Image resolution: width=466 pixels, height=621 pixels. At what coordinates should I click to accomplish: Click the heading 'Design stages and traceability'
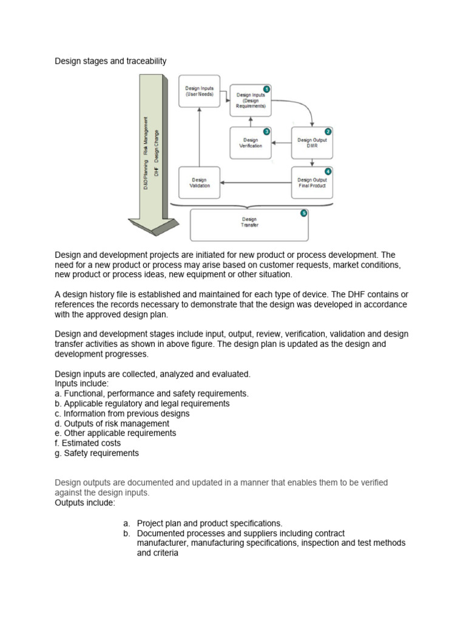110,61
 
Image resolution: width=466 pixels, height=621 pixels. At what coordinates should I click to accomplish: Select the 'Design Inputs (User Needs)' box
200,92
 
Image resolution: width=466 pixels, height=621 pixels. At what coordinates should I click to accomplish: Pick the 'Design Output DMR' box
312,143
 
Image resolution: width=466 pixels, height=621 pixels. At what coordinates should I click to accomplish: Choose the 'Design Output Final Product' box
312,183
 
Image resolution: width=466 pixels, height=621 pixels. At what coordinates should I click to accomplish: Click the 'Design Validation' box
200,183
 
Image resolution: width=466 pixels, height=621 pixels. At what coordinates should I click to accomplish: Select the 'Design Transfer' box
249,223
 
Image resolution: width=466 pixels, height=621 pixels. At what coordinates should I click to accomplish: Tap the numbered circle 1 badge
267,89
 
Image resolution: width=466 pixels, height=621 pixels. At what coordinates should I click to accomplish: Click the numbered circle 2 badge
328,131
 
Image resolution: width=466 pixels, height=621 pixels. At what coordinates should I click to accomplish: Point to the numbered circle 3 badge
266,131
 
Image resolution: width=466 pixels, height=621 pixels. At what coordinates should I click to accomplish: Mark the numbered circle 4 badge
328,171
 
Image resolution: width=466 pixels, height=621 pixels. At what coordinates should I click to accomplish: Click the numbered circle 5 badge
304,213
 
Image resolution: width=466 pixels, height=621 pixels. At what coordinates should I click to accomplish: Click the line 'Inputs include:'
82,384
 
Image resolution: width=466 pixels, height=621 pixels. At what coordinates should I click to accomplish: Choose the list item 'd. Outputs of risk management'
112,423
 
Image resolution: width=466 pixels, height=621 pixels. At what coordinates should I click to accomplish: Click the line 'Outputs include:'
85,503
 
